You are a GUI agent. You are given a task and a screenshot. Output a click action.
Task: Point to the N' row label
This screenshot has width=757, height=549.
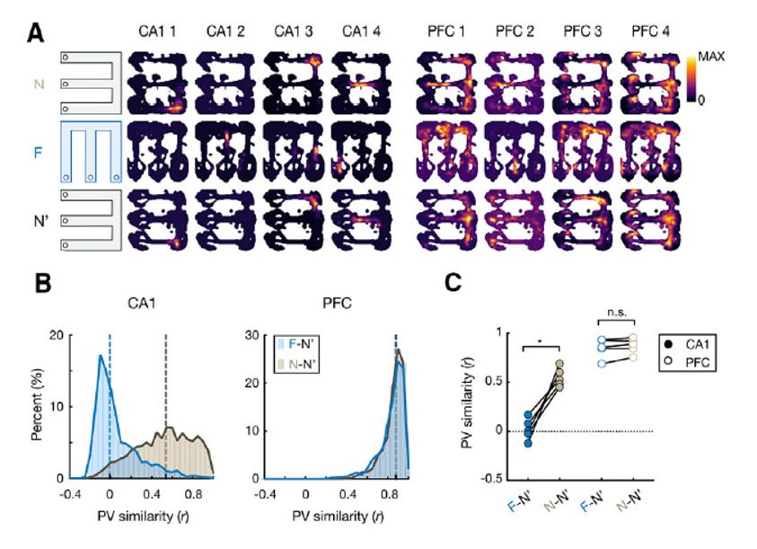39,217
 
